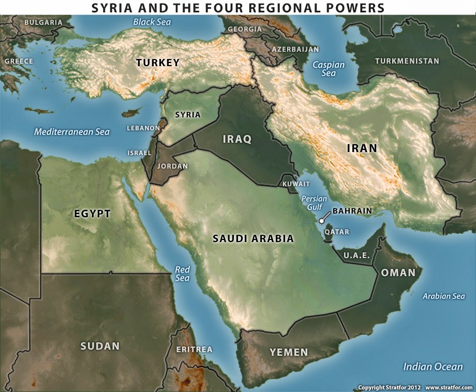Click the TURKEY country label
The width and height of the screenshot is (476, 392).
click(x=158, y=63)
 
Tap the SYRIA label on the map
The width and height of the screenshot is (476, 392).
click(x=188, y=115)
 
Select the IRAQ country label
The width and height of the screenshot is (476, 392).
click(x=236, y=139)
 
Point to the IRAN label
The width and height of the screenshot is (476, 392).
click(x=362, y=148)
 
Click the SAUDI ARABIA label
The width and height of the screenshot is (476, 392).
click(x=254, y=239)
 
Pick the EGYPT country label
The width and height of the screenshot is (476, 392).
click(x=93, y=214)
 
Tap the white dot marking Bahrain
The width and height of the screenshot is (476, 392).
click(x=322, y=221)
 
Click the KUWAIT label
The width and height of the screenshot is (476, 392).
click(x=296, y=184)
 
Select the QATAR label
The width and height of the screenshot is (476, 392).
click(x=337, y=232)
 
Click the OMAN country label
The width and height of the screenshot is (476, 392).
click(x=398, y=273)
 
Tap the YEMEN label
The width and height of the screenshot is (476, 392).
click(x=289, y=353)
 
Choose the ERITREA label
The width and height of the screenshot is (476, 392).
click(x=194, y=350)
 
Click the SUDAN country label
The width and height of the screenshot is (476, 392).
click(x=100, y=346)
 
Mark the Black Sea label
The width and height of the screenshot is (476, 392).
click(x=152, y=22)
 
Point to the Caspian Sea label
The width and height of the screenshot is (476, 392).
click(x=328, y=69)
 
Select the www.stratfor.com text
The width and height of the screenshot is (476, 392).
click(x=449, y=387)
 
